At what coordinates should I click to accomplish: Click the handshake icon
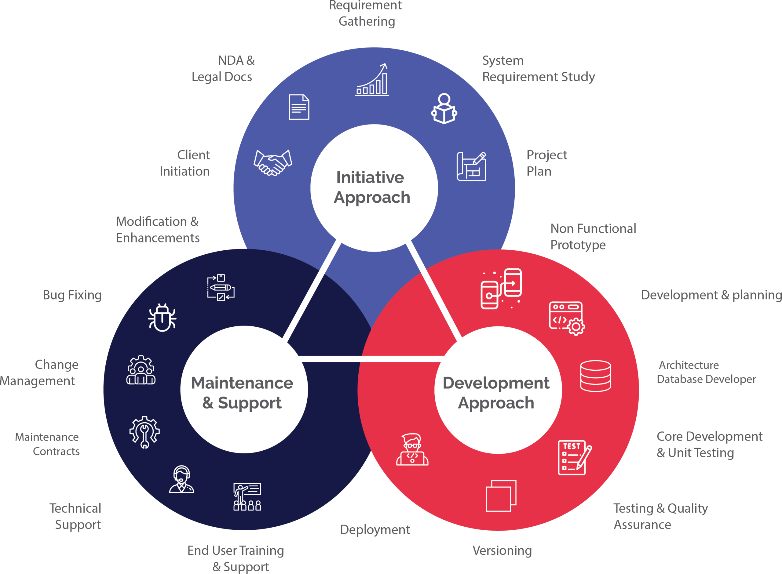pos(273,162)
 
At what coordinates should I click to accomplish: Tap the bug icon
pos(162,318)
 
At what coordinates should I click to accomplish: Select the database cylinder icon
pos(595,376)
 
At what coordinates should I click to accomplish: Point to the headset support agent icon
pos(181,479)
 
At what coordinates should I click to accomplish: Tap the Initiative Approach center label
pos(372,188)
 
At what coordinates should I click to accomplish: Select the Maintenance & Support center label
pos(242,393)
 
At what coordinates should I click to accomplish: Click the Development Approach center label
pos(496,393)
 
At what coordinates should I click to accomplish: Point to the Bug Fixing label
pos(72,295)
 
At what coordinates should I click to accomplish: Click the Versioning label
pos(502,551)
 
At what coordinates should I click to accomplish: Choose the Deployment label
pos(375,530)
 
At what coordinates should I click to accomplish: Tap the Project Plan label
pos(546,163)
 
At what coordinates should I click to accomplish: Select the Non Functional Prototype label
pos(593,237)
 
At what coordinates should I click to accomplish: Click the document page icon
pos(299,107)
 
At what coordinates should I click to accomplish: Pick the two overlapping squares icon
pos(501,496)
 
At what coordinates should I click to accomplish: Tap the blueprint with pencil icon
pos(471,166)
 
